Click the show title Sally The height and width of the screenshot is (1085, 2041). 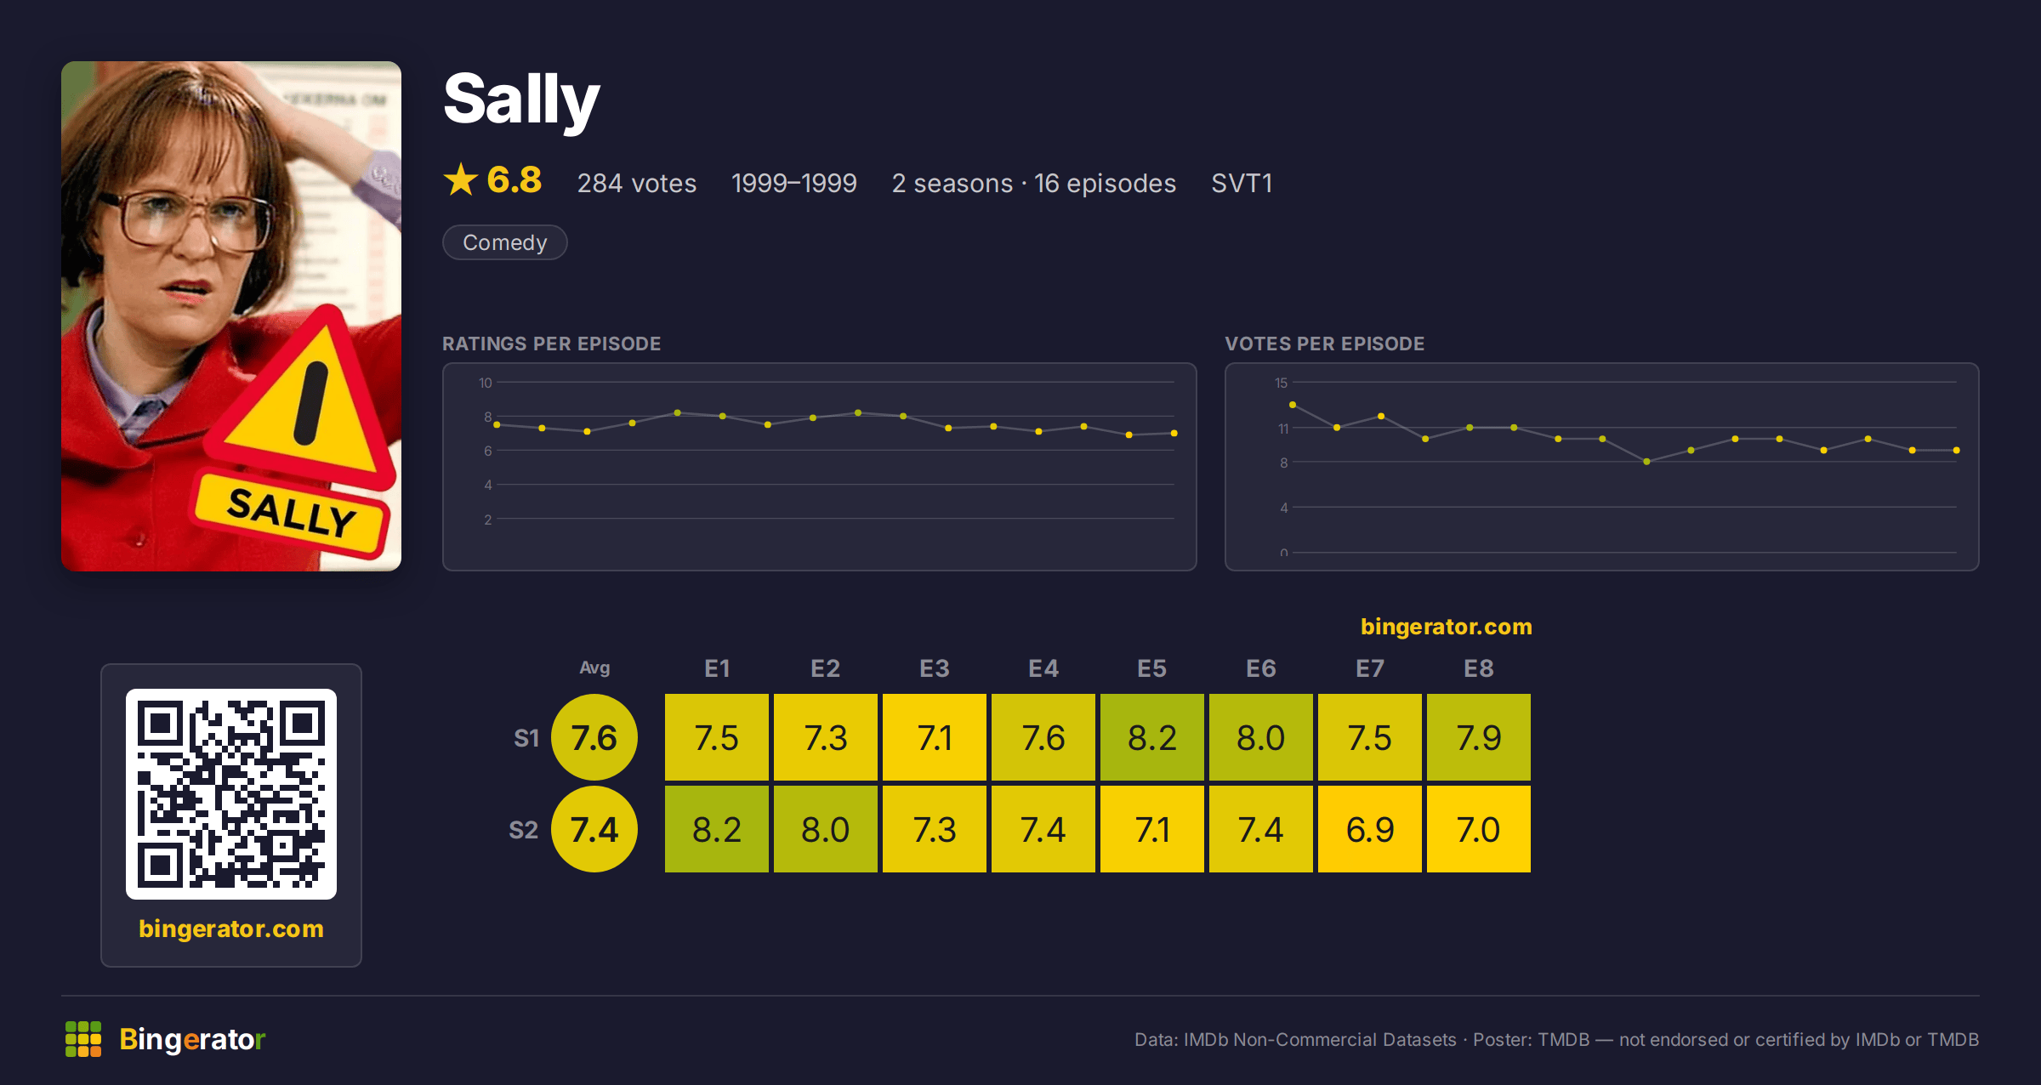pyautogui.click(x=521, y=100)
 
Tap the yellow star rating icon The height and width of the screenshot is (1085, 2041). pyautogui.click(x=461, y=179)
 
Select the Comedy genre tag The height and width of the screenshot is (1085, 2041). pyautogui.click(x=504, y=242)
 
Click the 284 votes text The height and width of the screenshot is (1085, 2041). pyautogui.click(x=636, y=183)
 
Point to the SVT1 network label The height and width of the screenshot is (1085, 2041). pyautogui.click(x=1242, y=183)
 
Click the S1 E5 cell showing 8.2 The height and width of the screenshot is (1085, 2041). pyautogui.click(x=1152, y=737)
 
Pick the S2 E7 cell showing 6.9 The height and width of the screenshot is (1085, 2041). pyautogui.click(x=1370, y=829)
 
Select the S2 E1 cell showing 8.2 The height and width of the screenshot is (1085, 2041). pyautogui.click(x=717, y=829)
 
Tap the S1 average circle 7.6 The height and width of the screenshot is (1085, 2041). pyautogui.click(x=594, y=737)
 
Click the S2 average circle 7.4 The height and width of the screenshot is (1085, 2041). pyautogui.click(x=594, y=829)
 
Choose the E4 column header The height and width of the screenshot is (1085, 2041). pyautogui.click(x=1043, y=668)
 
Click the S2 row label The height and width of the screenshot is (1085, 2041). pyautogui.click(x=524, y=830)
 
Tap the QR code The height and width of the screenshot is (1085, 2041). pyautogui.click(x=231, y=794)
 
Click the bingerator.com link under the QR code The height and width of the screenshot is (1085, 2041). pyautogui.click(x=231, y=929)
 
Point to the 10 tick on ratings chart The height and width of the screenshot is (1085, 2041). pyautogui.click(x=485, y=383)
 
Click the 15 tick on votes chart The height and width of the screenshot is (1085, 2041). pyautogui.click(x=1281, y=383)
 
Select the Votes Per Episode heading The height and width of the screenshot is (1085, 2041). pyautogui.click(x=1324, y=344)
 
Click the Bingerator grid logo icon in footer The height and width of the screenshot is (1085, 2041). pyautogui.click(x=83, y=1039)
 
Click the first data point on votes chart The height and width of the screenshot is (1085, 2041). pyautogui.click(x=1293, y=405)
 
